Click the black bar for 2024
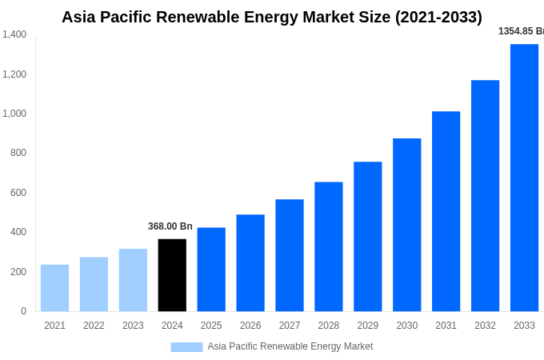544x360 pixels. [x=172, y=275]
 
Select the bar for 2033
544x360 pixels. [x=524, y=178]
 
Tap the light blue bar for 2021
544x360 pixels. [x=54, y=288]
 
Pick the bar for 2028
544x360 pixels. [x=328, y=246]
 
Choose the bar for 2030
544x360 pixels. [x=406, y=225]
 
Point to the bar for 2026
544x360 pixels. [x=250, y=262]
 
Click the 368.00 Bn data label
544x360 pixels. [x=170, y=226]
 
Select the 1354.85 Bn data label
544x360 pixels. [x=521, y=31]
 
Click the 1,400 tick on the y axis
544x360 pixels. [x=14, y=34]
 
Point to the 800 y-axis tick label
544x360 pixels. [x=18, y=153]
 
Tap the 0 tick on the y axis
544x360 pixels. [x=23, y=311]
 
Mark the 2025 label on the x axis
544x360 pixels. [x=211, y=326]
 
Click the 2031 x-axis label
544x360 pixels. [x=446, y=326]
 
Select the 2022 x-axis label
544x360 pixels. [x=94, y=326]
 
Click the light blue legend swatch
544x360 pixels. [x=186, y=346]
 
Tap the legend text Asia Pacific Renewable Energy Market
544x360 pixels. [x=290, y=346]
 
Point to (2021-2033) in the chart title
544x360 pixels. [x=438, y=17]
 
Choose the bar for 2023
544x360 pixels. [x=133, y=280]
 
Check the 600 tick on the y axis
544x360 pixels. [x=18, y=193]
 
